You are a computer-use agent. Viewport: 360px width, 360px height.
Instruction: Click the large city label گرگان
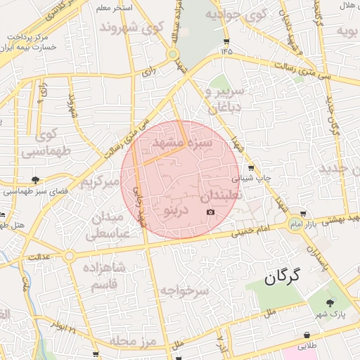(x=283, y=276)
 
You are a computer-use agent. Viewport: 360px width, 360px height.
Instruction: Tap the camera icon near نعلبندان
(x=210, y=212)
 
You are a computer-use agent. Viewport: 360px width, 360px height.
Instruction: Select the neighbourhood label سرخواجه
(x=184, y=290)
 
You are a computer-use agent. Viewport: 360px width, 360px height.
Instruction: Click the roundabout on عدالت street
(x=69, y=256)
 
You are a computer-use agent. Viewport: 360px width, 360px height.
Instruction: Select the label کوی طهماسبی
(x=39, y=143)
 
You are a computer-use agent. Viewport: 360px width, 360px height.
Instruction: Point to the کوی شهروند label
(x=133, y=27)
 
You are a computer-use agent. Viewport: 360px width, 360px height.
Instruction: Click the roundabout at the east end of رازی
(x=172, y=54)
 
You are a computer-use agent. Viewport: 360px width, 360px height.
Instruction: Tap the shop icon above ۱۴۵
(x=225, y=40)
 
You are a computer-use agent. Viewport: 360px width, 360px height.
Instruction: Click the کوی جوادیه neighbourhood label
(x=238, y=13)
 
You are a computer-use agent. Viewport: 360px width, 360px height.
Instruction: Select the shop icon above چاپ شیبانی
(x=252, y=167)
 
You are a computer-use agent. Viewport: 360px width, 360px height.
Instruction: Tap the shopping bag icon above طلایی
(x=307, y=335)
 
